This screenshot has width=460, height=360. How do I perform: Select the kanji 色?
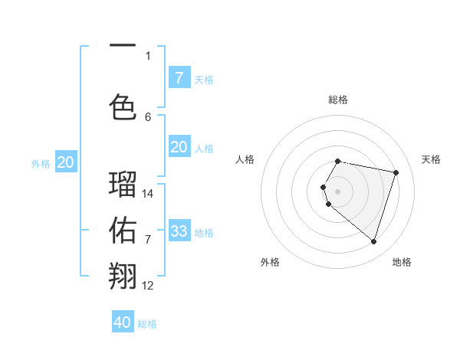[x=123, y=106]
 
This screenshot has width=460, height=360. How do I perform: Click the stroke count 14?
[x=148, y=194]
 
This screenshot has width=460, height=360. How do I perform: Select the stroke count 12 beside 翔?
[x=148, y=286]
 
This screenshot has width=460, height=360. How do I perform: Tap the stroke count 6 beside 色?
[x=148, y=116]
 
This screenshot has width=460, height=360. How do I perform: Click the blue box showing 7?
[x=179, y=78]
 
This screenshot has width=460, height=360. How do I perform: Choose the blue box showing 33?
[x=179, y=231]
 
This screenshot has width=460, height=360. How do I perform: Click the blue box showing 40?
[x=123, y=322]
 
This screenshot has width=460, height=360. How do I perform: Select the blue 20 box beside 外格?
[x=66, y=162]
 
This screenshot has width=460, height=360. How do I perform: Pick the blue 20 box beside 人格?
[x=179, y=147]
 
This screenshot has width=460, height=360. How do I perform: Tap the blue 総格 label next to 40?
[x=147, y=324]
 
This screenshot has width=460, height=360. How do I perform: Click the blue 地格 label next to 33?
[x=204, y=232]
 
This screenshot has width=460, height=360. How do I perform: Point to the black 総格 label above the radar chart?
[x=338, y=100]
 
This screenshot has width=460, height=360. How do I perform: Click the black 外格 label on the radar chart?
[x=270, y=262]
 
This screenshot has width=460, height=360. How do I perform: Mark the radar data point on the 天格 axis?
[x=396, y=172]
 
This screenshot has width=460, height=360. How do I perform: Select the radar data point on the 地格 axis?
[x=373, y=241]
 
